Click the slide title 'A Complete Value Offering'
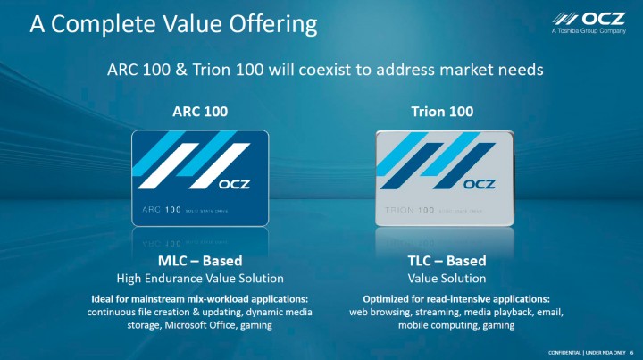click(x=173, y=24)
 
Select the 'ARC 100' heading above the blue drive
click(x=200, y=112)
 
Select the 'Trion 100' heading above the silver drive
click(x=442, y=112)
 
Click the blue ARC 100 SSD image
click(x=200, y=178)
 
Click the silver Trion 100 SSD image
click(x=443, y=178)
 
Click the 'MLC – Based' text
click(x=200, y=261)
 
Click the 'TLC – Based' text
click(x=443, y=261)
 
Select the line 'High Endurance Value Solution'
click(x=200, y=279)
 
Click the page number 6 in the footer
click(x=631, y=351)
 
